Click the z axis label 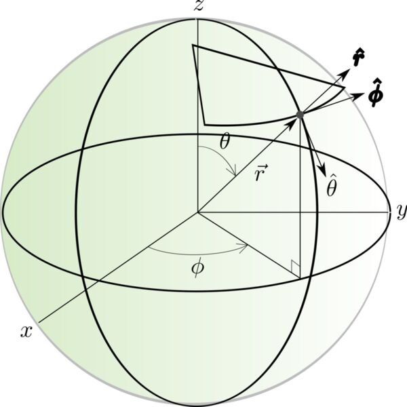click(199, 5)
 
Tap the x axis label click(26, 332)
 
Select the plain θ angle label click(225, 142)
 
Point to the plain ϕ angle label click(198, 269)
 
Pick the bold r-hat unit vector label click(359, 58)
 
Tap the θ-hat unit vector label click(332, 187)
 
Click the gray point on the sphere click(300, 115)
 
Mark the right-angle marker click(296, 269)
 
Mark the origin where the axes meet click(198, 212)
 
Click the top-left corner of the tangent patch click(193, 45)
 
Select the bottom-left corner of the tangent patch click(205, 125)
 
